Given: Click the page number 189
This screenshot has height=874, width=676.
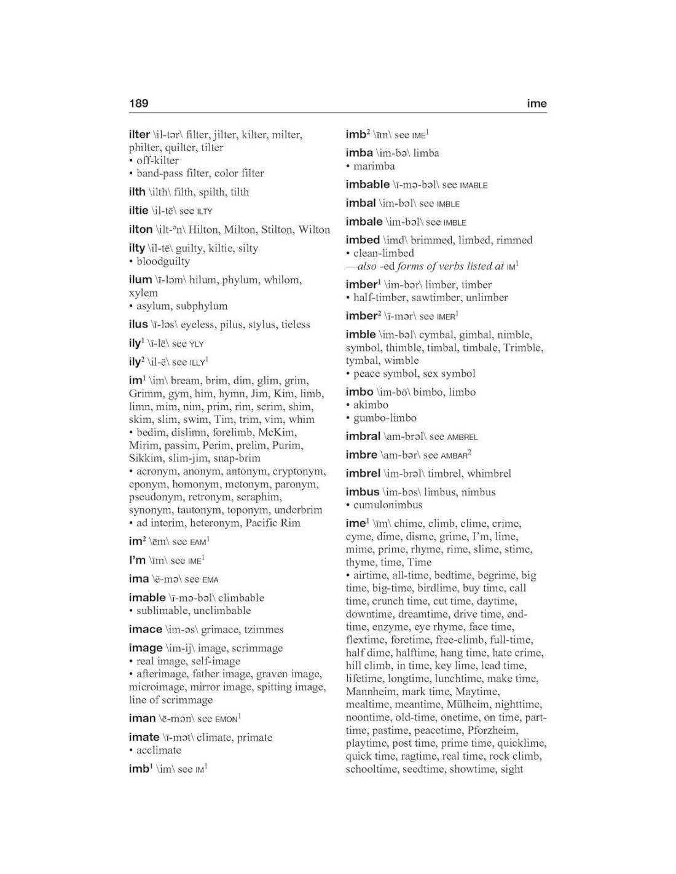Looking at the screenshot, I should point(139,103).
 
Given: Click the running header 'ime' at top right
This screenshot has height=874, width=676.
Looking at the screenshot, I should point(536,103).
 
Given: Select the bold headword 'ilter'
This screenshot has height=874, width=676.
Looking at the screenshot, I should point(140,134).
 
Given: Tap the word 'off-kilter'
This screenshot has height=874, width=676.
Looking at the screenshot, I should point(157,160).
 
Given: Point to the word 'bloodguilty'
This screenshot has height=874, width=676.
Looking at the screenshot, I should point(163,261).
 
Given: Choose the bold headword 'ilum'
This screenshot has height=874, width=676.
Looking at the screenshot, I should point(140,280).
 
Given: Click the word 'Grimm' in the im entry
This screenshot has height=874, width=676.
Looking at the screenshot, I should point(143,393).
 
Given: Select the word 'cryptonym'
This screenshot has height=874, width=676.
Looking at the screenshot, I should point(299,471).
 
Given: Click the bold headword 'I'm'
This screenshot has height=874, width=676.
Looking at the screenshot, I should point(137,560).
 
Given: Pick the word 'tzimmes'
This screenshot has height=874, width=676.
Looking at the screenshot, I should point(264,629).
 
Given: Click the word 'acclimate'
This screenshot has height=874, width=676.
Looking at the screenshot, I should point(159,750).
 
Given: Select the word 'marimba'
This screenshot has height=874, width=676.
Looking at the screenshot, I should point(374,166).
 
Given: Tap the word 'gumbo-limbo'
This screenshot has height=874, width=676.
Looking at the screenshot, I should point(385,418).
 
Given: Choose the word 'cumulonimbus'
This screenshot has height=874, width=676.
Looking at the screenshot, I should point(388,505).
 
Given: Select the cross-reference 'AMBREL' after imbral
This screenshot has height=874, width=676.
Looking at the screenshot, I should point(462,437).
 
